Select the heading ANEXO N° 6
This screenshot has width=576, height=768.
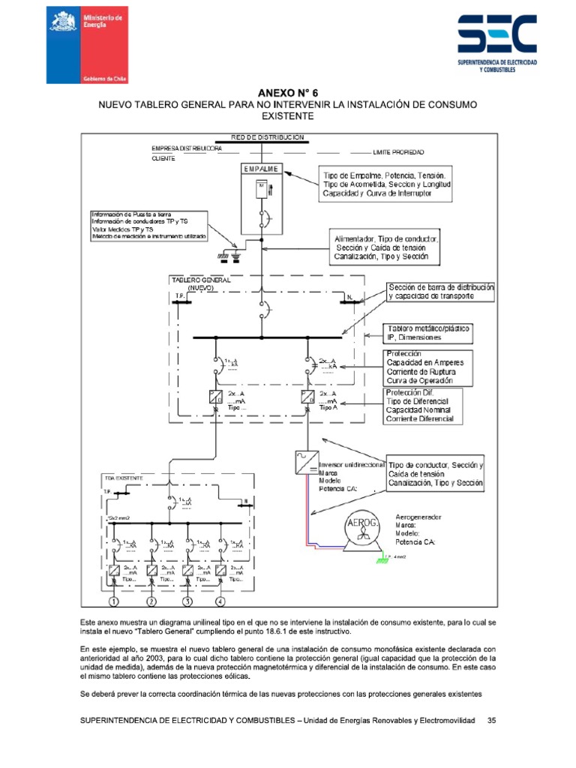tap(288, 91)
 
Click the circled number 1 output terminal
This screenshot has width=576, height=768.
tap(114, 601)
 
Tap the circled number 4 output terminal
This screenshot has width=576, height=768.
tap(220, 601)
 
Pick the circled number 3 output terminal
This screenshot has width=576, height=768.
tap(187, 601)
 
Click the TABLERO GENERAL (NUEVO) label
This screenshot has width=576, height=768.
tap(201, 283)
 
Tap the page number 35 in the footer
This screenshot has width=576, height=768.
tap(492, 721)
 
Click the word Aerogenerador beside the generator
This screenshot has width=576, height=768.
tap(418, 517)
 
